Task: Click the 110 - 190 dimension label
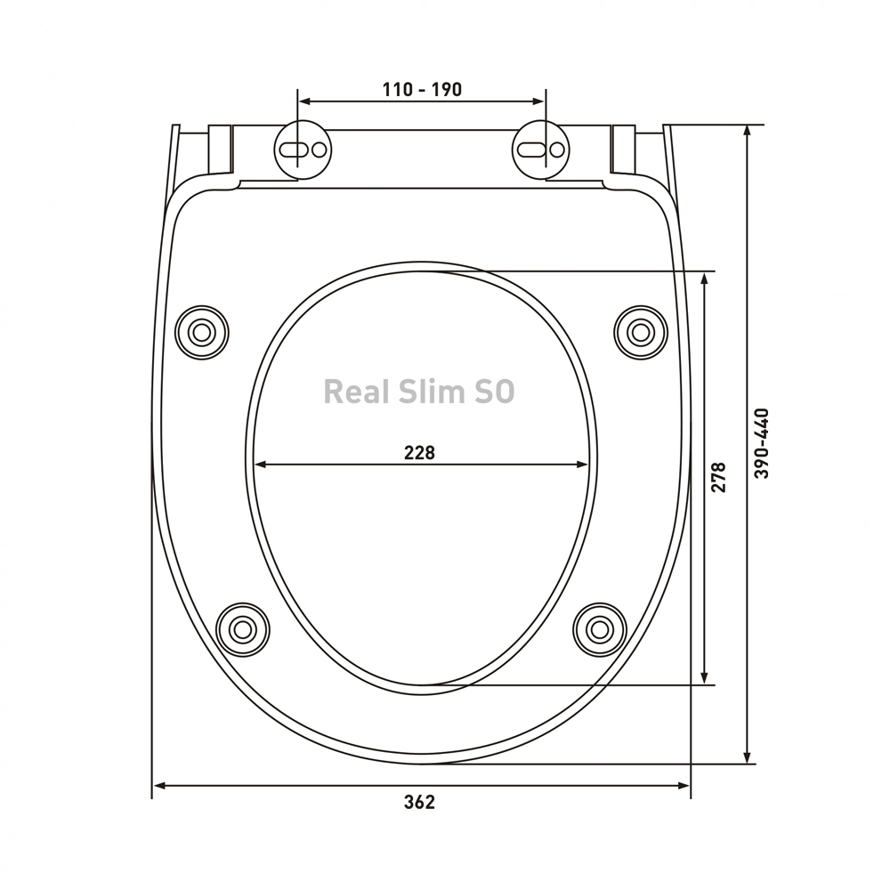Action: [422, 90]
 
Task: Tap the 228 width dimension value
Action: [419, 452]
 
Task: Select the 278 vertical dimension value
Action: [718, 477]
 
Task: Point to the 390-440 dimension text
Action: [762, 442]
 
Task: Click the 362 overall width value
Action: [419, 802]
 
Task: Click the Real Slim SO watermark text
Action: [419, 392]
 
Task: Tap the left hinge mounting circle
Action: [303, 150]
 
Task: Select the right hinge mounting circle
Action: [541, 150]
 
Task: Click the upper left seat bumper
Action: [201, 333]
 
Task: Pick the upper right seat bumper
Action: [641, 333]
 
